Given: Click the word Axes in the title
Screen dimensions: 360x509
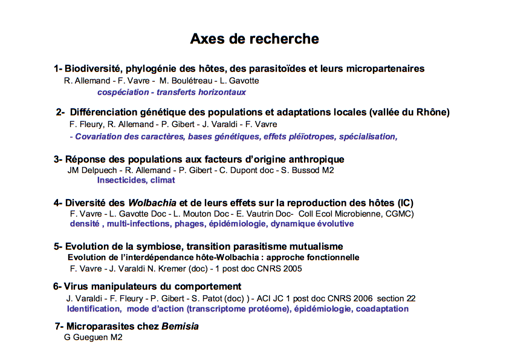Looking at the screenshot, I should [x=207, y=39].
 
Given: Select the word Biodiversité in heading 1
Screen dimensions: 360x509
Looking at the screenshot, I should [x=92, y=69].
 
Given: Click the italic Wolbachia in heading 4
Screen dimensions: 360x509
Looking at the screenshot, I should [x=150, y=203].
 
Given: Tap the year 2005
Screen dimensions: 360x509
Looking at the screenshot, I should [x=291, y=268].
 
